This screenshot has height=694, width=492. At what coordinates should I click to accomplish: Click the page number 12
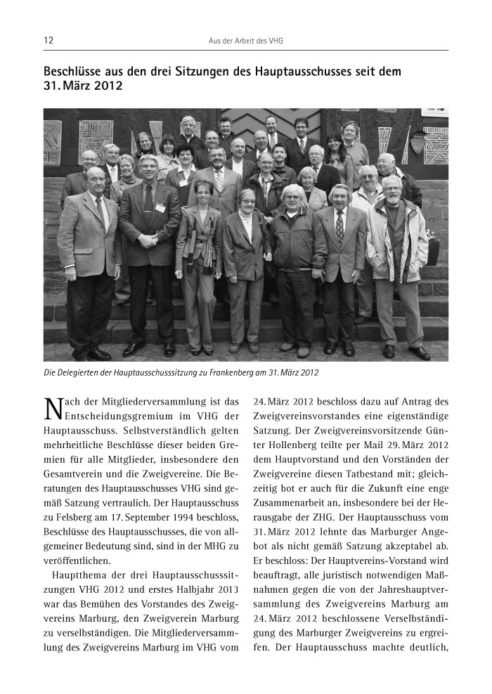click(x=48, y=41)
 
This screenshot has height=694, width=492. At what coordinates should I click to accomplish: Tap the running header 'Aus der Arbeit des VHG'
click(x=245, y=41)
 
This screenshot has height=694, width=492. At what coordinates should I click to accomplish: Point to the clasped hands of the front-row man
click(x=150, y=238)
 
